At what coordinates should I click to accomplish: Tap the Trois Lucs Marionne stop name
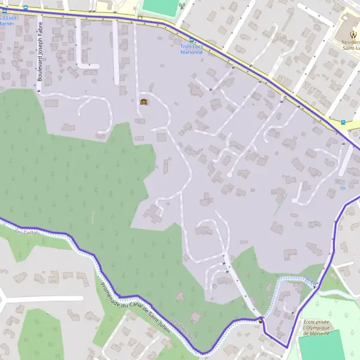click(x=192, y=49)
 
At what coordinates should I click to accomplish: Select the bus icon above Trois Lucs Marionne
click(x=191, y=40)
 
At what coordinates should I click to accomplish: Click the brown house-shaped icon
click(x=143, y=101)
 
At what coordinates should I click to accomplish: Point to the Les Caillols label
click(x=26, y=233)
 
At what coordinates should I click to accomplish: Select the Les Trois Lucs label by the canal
click(x=183, y=332)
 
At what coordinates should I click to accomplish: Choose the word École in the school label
click(x=308, y=322)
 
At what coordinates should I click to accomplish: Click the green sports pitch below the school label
click(x=322, y=347)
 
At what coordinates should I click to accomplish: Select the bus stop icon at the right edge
click(x=343, y=122)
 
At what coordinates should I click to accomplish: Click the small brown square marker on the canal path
click(x=260, y=320)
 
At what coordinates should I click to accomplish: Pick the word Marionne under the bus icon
click(x=192, y=53)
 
